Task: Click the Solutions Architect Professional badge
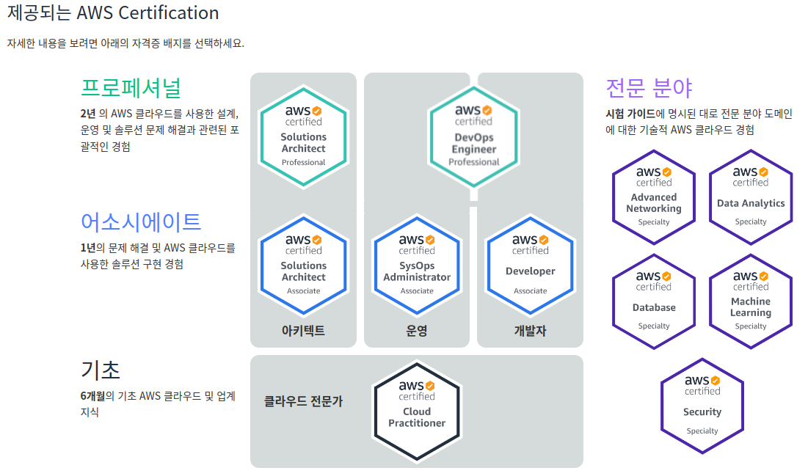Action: [303, 136]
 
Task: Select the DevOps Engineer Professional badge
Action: [473, 136]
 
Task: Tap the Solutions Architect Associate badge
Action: [303, 265]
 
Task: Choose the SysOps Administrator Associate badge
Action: [417, 265]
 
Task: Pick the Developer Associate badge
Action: [530, 265]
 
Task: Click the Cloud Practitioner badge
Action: [417, 411]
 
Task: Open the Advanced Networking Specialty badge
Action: [653, 197]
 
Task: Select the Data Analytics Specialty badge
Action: [750, 197]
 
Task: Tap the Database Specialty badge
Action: [653, 301]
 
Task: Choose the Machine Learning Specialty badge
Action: [750, 301]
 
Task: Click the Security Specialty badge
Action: [702, 406]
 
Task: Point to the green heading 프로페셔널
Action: [131, 87]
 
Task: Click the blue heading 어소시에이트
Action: [141, 221]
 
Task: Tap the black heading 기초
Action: [101, 369]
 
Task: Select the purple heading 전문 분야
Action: [649, 88]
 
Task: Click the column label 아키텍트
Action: [303, 331]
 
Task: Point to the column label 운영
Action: [417, 331]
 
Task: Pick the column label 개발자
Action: [530, 331]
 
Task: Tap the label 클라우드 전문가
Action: [303, 401]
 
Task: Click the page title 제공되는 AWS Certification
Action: [113, 13]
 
